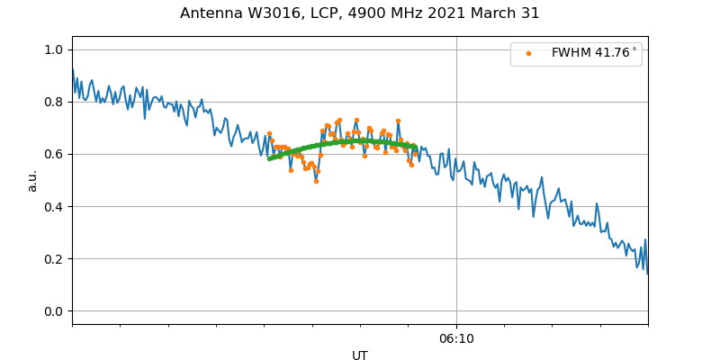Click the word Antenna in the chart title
coord(210,13)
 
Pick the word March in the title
coord(497,13)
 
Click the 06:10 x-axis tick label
coord(456,338)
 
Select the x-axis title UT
coord(360,355)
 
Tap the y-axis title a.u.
coord(32,180)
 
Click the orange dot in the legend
coord(528,53)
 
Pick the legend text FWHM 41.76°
coord(594,53)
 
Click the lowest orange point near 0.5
coord(316,181)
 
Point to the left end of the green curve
coord(269,158)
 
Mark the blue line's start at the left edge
coord(73,69)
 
